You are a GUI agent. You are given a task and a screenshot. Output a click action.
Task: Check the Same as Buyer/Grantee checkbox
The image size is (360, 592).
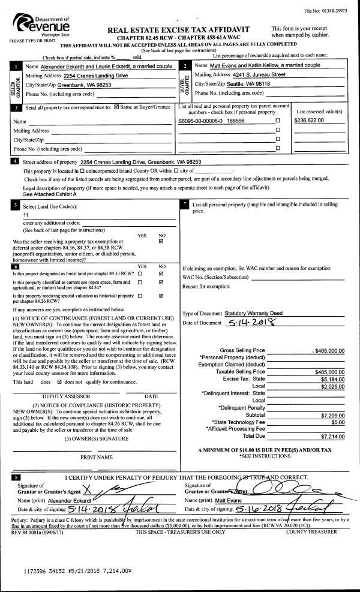tap(117, 109)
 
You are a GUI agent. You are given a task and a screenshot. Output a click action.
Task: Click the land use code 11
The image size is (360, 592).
tap(26, 214)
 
